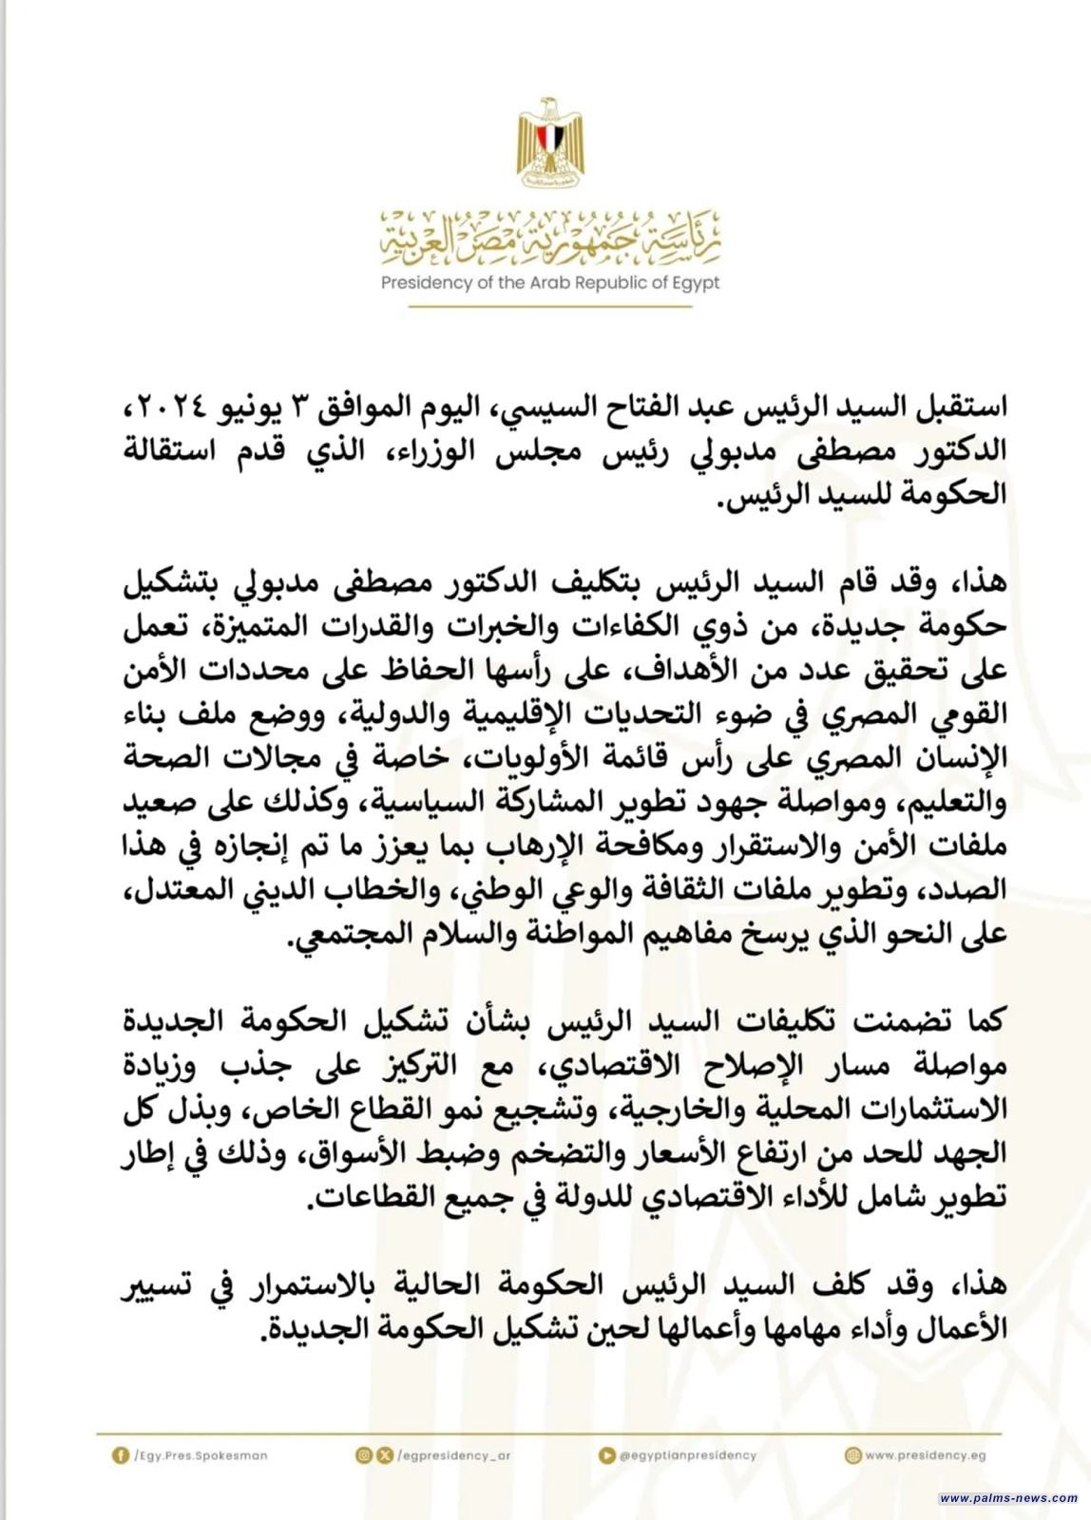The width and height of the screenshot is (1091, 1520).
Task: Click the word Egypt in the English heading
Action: (x=697, y=283)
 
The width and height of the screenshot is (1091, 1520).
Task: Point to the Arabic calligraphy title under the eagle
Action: (x=550, y=238)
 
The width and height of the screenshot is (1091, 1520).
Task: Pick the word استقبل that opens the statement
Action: (x=954, y=408)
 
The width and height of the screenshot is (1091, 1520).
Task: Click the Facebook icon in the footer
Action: (x=120, y=1454)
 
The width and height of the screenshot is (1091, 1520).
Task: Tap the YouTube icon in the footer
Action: (x=606, y=1454)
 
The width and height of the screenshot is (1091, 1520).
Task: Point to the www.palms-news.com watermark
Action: (x=1007, y=1497)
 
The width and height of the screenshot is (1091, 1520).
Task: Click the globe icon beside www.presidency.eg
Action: (x=852, y=1454)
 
